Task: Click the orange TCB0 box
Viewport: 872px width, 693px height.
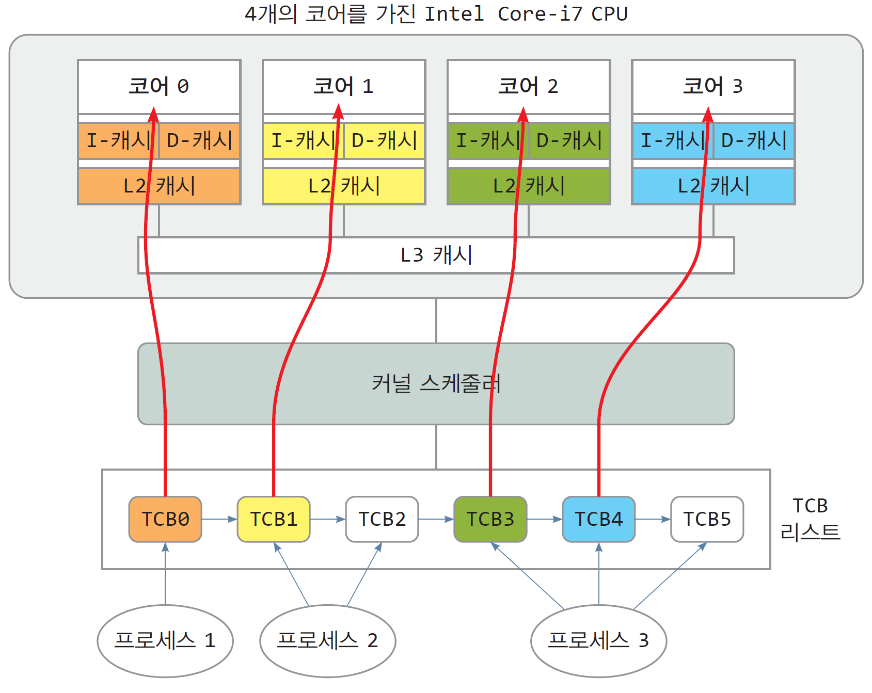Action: [x=165, y=519]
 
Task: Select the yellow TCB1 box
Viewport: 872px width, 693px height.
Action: [x=274, y=519]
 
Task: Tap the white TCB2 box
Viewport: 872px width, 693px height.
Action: [x=382, y=519]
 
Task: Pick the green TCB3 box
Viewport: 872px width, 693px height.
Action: [x=490, y=519]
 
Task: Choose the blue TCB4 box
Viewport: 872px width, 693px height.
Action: [x=599, y=519]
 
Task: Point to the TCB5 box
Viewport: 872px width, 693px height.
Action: [x=707, y=519]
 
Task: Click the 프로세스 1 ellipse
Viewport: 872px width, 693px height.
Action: [x=165, y=641]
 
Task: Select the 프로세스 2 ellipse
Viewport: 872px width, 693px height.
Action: [x=328, y=641]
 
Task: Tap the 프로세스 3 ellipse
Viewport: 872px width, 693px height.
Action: [x=599, y=641]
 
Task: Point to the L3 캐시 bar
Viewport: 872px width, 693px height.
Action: [x=436, y=255]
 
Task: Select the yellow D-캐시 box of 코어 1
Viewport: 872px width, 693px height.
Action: [x=385, y=140]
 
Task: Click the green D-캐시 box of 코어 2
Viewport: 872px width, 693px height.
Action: [x=569, y=140]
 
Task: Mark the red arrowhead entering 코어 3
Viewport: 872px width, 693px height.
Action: [x=708, y=114]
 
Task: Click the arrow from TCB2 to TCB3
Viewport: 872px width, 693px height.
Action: [x=436, y=519]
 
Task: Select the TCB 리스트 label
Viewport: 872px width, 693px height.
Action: [x=810, y=519]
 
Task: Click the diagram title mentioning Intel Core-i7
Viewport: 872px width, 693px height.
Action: [x=436, y=14]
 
